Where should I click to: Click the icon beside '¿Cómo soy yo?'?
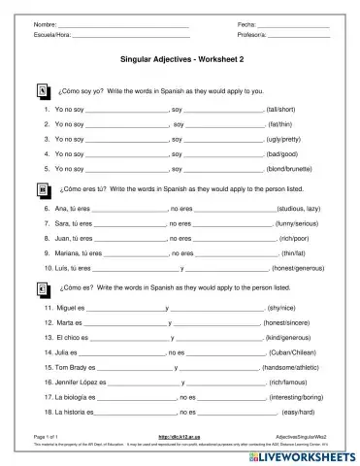click(42, 90)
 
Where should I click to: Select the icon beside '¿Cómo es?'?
click(42, 288)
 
